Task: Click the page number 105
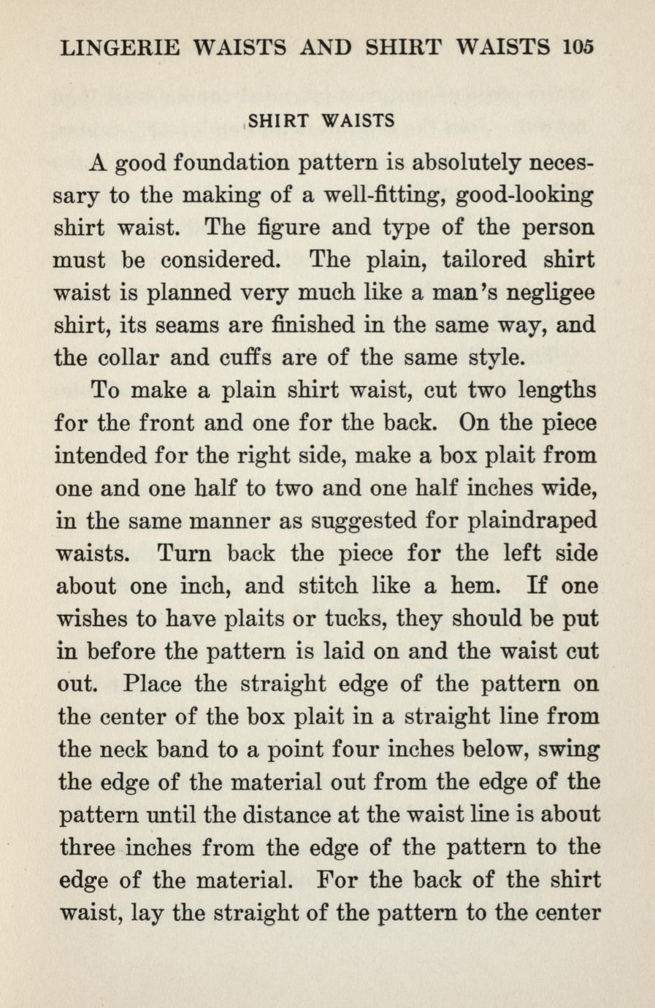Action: pyautogui.click(x=579, y=47)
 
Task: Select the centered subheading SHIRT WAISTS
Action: pyautogui.click(x=322, y=121)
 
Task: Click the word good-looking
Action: pyautogui.click(x=524, y=196)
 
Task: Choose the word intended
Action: pyautogui.click(x=99, y=457)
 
